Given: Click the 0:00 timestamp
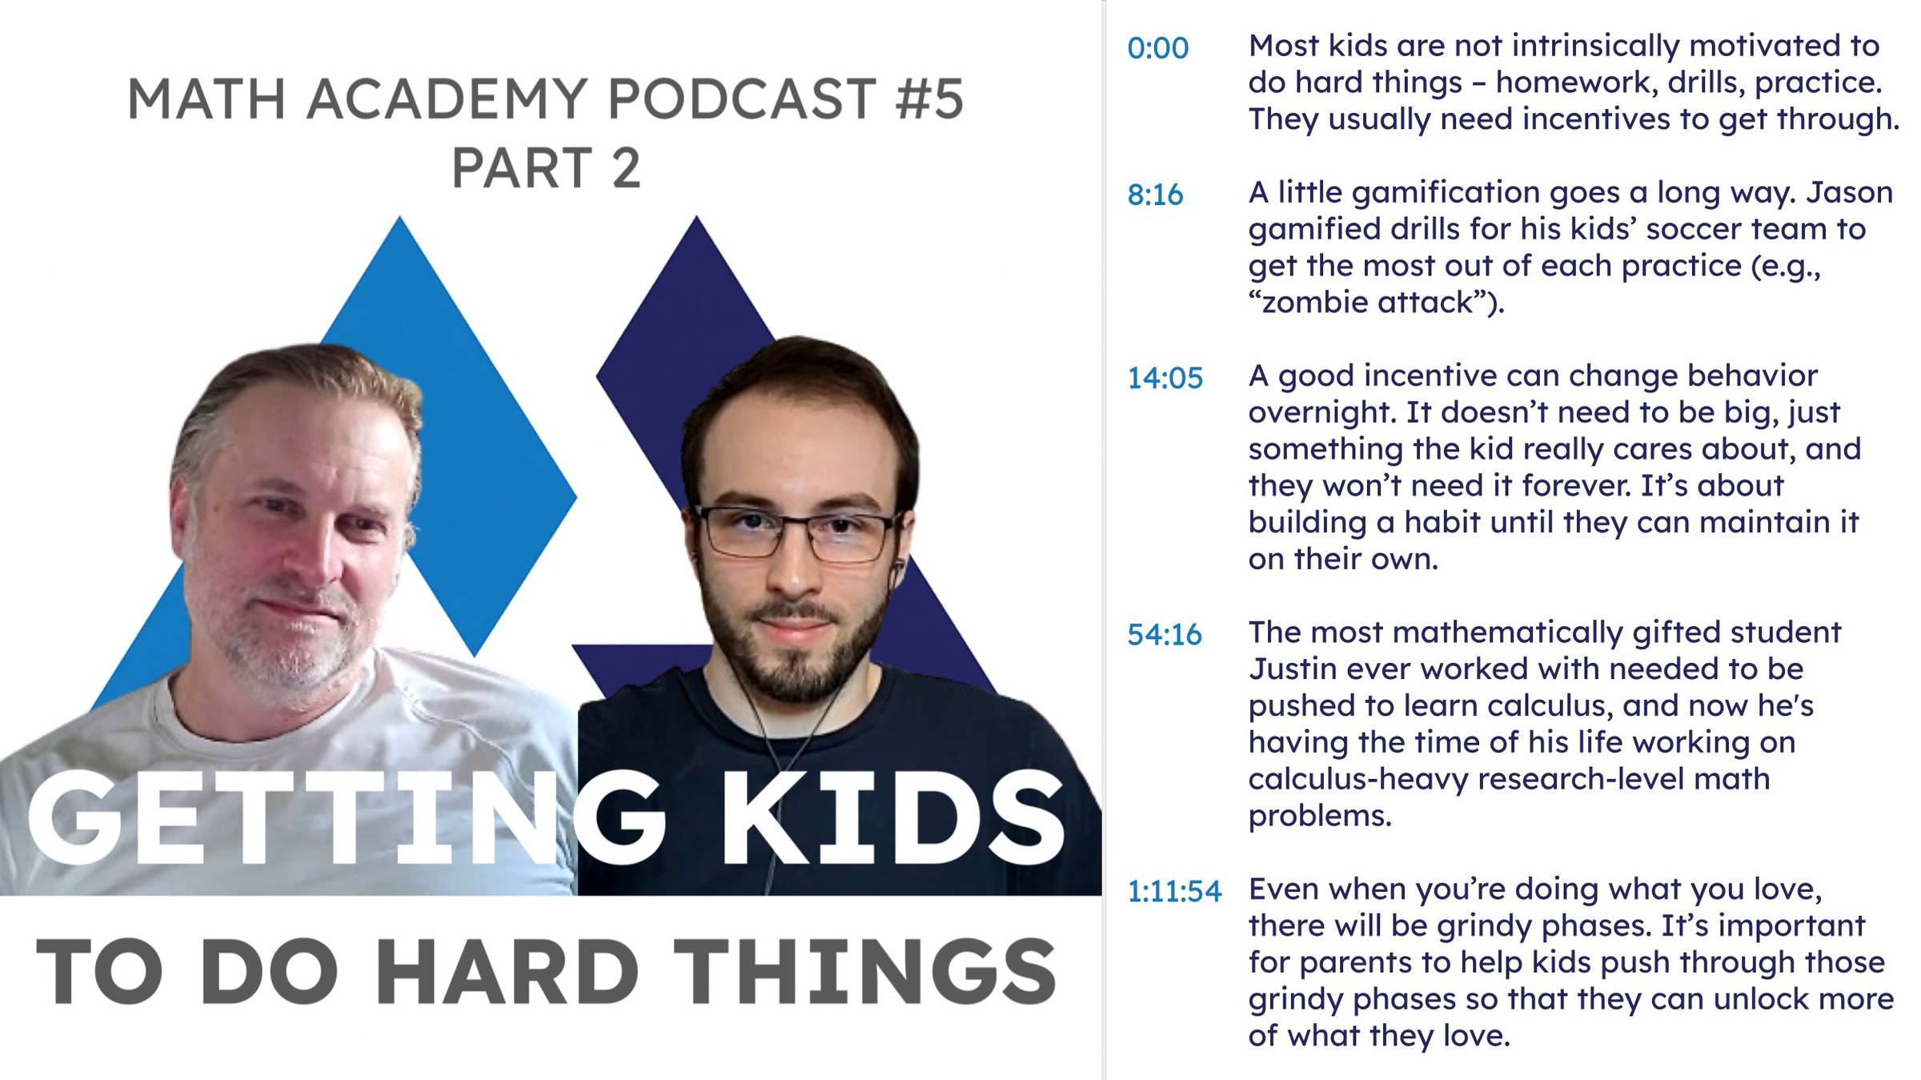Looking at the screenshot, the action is click(1157, 48).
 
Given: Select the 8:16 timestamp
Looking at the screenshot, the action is click(1155, 195).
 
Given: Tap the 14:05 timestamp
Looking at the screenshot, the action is click(1165, 378).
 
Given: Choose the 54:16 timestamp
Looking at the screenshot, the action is click(1165, 635).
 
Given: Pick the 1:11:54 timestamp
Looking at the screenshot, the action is click(1174, 892).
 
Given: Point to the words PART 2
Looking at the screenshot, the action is click(546, 167).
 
